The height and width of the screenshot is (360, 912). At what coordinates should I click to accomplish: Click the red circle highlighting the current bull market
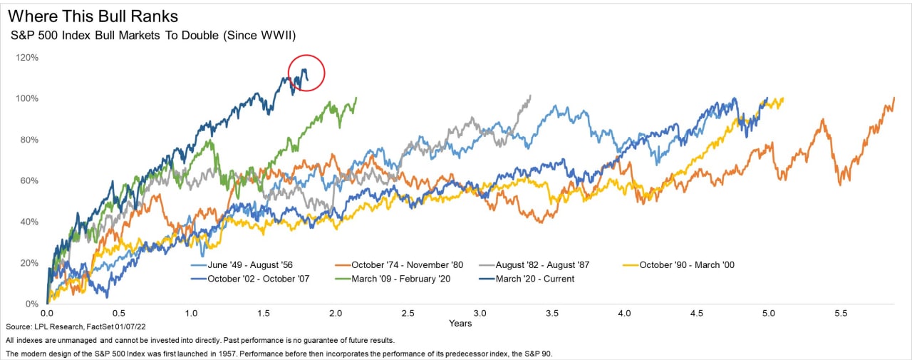[x=306, y=73]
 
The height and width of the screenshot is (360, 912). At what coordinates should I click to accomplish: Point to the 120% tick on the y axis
[x=26, y=57]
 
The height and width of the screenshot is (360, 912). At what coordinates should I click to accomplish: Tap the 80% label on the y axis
[x=28, y=140]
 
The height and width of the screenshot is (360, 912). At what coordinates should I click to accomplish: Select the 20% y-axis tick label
[x=28, y=263]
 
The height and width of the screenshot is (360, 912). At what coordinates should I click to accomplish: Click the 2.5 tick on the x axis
[x=408, y=314]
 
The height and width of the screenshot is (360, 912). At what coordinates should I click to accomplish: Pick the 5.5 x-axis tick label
[x=841, y=314]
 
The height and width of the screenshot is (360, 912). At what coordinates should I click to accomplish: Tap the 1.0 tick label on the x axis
[x=191, y=314]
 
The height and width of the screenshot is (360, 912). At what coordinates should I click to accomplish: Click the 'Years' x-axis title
[x=460, y=324]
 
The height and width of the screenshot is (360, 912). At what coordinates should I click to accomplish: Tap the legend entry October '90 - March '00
[x=686, y=265]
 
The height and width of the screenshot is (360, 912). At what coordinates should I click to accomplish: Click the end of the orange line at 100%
[x=893, y=98]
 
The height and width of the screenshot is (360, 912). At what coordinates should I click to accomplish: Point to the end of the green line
[x=356, y=98]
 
